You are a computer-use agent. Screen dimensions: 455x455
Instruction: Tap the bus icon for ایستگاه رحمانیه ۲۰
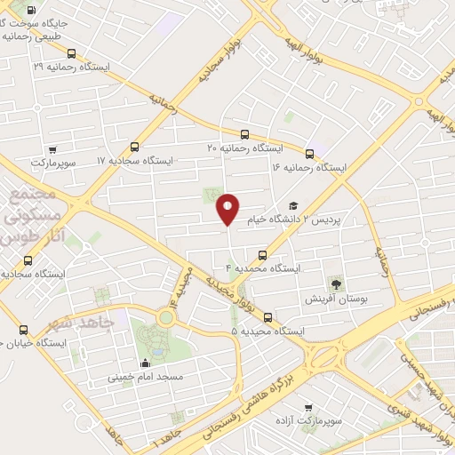245,133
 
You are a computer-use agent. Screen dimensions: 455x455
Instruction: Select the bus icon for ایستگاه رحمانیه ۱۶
309,153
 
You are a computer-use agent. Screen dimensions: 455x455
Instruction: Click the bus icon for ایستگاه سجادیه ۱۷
134,148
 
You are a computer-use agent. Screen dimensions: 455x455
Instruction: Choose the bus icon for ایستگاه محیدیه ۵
267,317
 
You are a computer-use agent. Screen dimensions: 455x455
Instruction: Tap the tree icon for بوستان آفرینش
336,284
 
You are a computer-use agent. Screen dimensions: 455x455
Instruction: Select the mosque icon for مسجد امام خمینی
145,363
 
